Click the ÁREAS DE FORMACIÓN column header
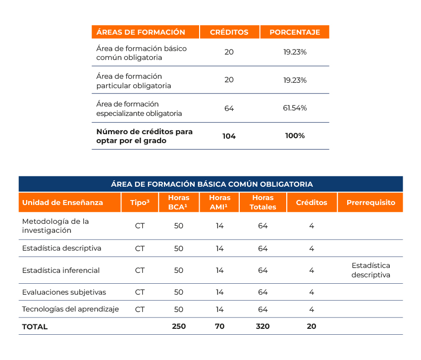pos(141,32)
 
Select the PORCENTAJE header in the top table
pos(295,32)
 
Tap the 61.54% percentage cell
pos(295,108)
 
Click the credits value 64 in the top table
pos(229,108)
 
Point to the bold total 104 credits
pos(229,136)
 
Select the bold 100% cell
pos(295,136)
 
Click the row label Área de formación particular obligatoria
pos(134,81)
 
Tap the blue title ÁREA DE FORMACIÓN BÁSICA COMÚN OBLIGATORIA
pos(211,184)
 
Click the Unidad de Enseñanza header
pos(63,203)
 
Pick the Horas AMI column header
pos(219,203)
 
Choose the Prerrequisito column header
pos(371,203)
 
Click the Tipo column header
pos(140,203)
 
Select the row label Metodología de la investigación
pos(55,226)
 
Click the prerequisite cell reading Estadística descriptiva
pos(371,270)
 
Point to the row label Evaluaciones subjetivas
pos(64,292)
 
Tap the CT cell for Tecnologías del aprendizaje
pos(140,309)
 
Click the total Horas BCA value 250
pos(179,326)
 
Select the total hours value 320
pos(263,326)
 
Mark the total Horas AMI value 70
pos(219,326)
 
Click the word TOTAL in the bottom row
pos(35,327)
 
